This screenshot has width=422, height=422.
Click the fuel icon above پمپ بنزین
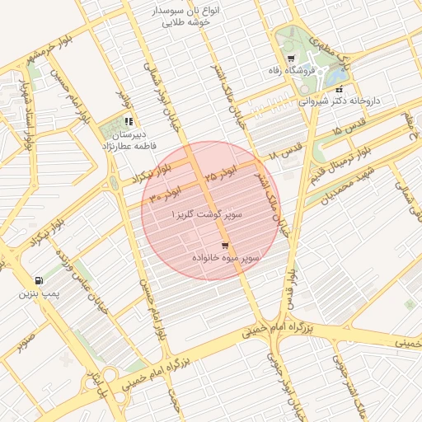[x=39, y=281]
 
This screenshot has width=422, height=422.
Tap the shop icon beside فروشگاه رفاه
[x=292, y=58]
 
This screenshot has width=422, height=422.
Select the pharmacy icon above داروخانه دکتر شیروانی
[x=340, y=88]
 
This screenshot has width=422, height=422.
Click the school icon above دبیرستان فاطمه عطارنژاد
[x=129, y=121]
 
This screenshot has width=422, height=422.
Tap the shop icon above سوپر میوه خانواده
[x=225, y=246]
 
